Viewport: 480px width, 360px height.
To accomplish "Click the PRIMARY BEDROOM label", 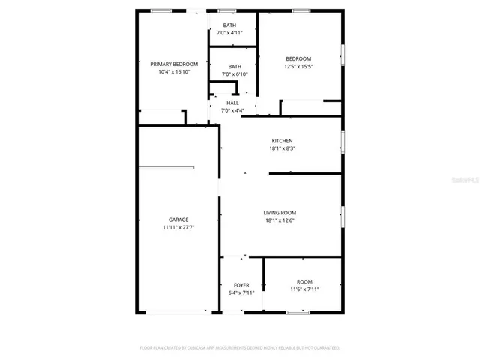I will coord(174,64).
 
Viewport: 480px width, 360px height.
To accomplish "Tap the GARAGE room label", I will coord(178,220).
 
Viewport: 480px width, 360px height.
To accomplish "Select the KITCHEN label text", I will coord(282,141).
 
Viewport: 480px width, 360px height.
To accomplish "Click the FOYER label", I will coord(241,285).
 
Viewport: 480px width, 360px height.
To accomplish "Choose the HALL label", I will coord(233,103).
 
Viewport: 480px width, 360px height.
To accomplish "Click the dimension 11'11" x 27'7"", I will coord(178,227).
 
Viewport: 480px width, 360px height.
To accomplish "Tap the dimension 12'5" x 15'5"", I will coord(298,66).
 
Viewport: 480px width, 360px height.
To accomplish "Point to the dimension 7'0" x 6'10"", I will coord(235,74).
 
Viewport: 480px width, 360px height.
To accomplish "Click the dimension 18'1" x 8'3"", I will coord(282,148).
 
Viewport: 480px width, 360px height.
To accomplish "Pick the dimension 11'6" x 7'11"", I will coord(304,289).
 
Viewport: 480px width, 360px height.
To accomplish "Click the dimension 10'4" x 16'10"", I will coord(174,72).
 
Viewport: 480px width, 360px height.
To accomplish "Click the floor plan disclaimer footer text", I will coord(240,347).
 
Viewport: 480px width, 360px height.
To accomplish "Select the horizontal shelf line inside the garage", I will coord(166,167).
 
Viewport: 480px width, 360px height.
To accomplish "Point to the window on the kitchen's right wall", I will coord(343,141).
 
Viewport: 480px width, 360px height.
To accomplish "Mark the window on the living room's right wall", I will coord(343,216).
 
